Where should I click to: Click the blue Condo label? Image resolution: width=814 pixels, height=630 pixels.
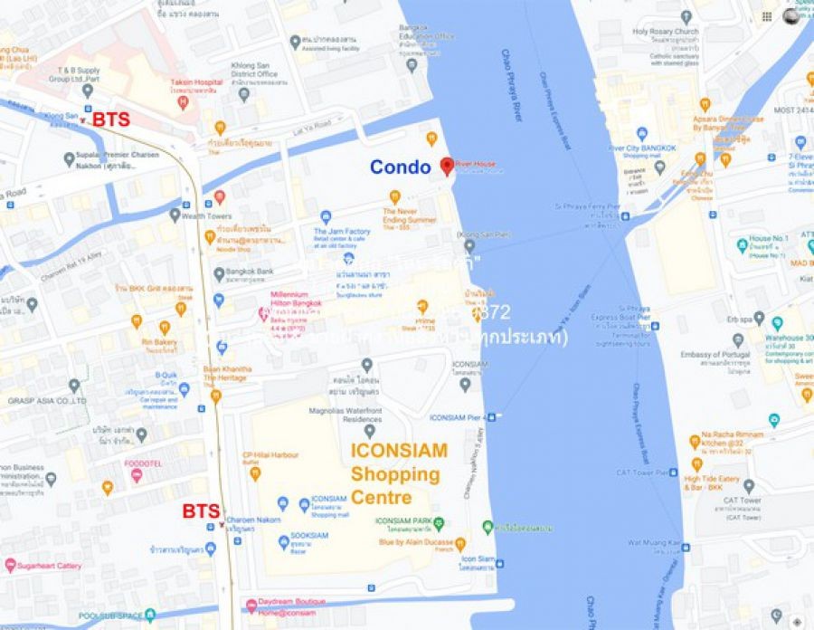pos(400,167)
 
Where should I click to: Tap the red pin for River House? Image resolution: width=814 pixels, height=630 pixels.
pos(446,166)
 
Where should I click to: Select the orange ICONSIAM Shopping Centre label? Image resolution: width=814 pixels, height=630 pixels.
pos(395,472)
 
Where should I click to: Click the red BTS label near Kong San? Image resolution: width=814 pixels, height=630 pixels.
pos(111,119)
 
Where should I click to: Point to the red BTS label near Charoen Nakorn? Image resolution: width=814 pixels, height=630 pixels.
pos(201,511)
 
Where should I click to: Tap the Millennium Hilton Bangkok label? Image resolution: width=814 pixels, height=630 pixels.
pos(295,300)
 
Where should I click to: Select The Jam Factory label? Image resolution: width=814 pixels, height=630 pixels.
pos(342,233)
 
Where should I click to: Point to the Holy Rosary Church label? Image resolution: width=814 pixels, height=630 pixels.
pos(666,33)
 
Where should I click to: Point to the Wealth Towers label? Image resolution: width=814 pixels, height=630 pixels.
pos(206,216)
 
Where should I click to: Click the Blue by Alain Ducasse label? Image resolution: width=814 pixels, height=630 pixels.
pos(416,543)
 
